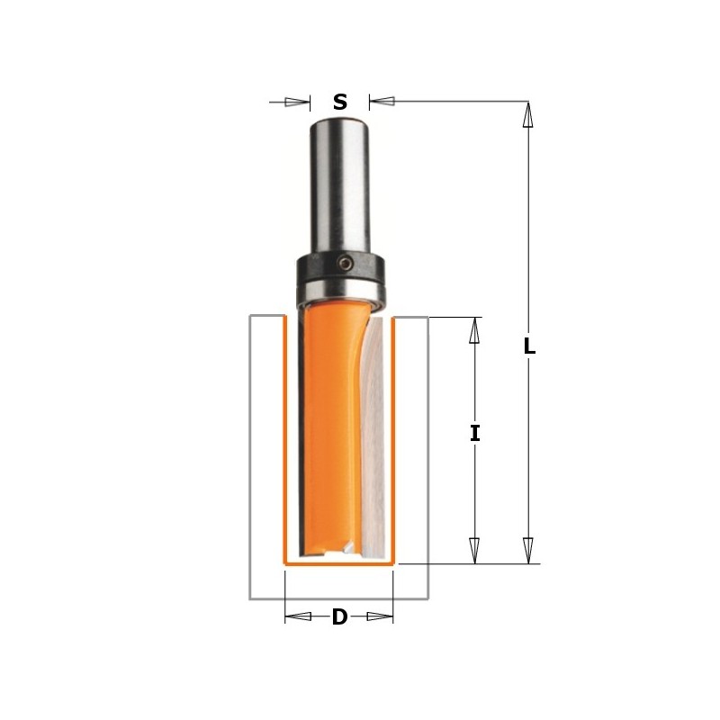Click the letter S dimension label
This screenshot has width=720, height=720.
[x=339, y=102]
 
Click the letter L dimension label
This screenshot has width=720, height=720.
[x=529, y=346]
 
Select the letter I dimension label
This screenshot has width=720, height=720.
[x=474, y=433]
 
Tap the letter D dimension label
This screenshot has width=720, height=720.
[x=339, y=617]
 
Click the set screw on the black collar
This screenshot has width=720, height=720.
[x=346, y=263]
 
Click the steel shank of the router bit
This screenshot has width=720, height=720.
[x=339, y=180]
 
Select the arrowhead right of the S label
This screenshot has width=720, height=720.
[x=382, y=102]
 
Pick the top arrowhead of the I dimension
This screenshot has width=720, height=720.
[x=474, y=330]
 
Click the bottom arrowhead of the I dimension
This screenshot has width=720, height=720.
[x=474, y=550]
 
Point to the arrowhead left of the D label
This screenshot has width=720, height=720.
[x=298, y=616]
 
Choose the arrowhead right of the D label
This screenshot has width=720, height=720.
[x=381, y=616]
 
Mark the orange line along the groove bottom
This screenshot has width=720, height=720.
[x=339, y=563]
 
